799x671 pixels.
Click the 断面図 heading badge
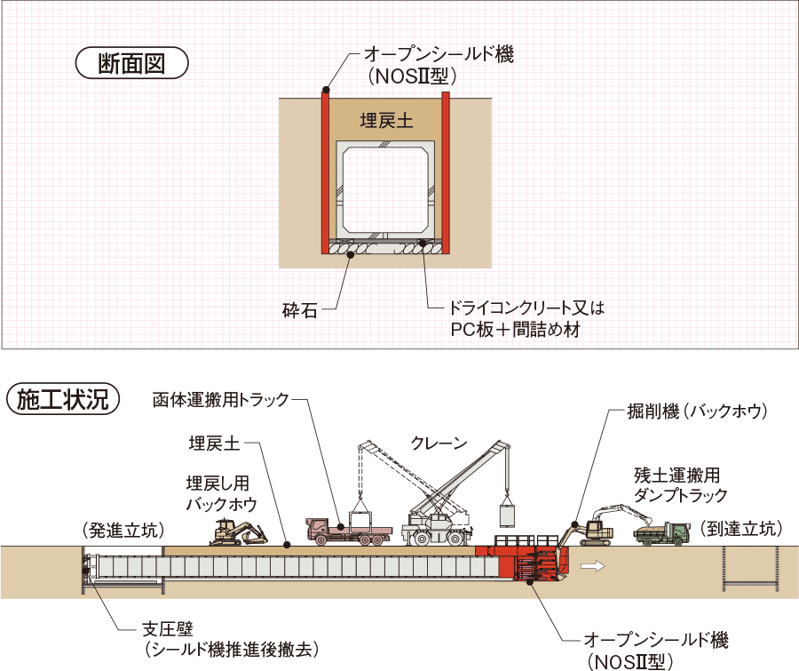(x=131, y=64)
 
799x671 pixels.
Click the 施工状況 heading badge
(x=62, y=399)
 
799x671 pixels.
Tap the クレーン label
(x=439, y=443)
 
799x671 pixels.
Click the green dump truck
(x=662, y=532)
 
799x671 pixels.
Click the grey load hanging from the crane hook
(x=508, y=516)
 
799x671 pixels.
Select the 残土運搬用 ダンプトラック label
(x=680, y=484)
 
